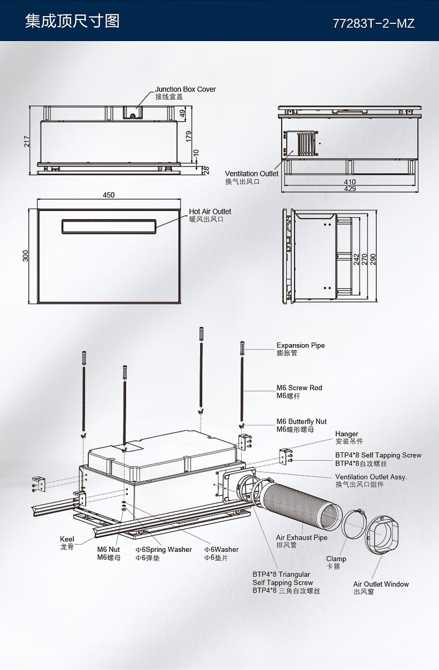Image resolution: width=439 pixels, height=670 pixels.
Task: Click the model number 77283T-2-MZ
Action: point(373,23)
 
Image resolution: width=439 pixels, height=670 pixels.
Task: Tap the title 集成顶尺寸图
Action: point(72,22)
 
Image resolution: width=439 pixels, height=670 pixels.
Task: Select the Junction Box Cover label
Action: point(185,89)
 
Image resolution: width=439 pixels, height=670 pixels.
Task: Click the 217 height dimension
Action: point(26,141)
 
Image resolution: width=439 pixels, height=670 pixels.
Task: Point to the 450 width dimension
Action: point(109,195)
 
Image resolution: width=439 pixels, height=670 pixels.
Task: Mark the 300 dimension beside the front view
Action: point(25,256)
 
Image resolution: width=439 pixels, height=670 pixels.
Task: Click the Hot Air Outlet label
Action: point(209,211)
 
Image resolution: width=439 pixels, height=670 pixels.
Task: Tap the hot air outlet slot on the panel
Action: point(109,225)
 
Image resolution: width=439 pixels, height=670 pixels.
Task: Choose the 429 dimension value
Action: point(350,189)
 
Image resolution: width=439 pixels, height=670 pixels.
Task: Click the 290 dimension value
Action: point(373,259)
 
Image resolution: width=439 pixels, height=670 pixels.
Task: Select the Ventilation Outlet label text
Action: point(251,174)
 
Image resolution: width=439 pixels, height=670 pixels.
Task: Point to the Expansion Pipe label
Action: point(301,345)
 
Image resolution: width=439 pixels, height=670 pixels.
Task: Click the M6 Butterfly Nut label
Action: point(301,422)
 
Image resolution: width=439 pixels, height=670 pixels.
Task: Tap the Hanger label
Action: point(347,434)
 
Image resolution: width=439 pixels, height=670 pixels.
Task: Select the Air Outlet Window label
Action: point(381,584)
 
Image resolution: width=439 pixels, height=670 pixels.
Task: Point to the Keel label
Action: point(67,540)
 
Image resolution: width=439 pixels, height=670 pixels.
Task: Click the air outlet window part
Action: point(383,536)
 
